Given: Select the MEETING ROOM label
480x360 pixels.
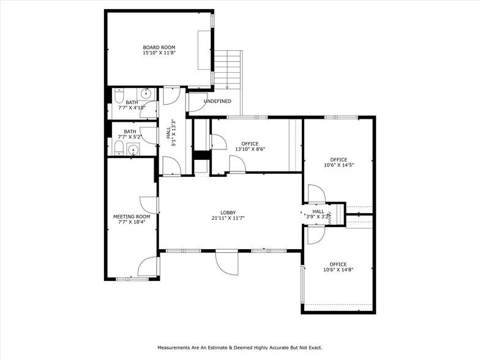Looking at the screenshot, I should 132,216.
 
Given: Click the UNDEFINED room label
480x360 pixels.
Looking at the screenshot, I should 217,100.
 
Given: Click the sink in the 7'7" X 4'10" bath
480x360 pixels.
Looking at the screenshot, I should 146,94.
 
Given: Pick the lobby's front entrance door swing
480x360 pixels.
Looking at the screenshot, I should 225,262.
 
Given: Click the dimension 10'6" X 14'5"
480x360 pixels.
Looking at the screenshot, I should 339,165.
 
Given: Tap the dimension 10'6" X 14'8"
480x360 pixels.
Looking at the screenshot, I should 339,269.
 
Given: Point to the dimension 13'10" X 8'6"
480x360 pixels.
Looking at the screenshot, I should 250,149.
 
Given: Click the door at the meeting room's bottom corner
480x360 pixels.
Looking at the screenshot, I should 148,266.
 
